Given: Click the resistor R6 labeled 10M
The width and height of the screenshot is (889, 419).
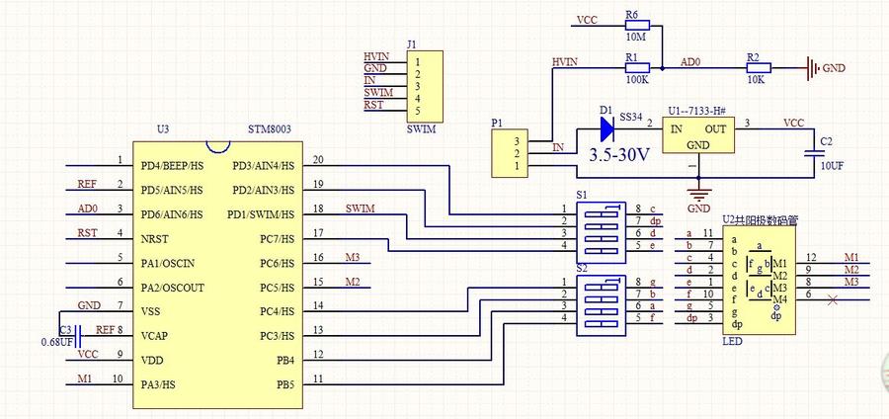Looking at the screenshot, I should tap(636, 21).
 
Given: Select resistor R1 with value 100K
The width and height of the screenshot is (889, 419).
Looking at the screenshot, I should tap(636, 66).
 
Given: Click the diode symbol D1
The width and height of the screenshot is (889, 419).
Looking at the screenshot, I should tap(605, 126).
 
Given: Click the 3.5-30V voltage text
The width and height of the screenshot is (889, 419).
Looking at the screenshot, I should tap(619, 155).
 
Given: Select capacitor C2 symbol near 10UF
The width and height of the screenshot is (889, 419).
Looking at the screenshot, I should tap(815, 152).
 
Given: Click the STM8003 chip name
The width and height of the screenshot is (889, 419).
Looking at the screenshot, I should tap(269, 129).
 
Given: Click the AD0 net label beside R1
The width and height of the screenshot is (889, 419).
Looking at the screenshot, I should tap(690, 61).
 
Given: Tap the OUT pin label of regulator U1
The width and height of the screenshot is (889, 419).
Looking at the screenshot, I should tap(716, 128).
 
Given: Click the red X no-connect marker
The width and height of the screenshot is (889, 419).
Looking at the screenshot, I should tap(833, 298).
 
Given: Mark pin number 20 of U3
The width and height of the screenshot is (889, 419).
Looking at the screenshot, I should tap(317, 160).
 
